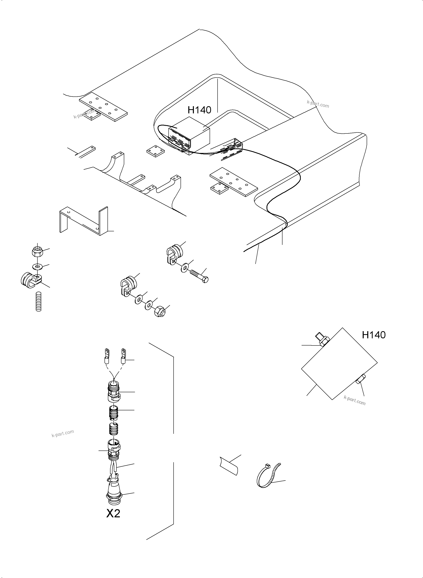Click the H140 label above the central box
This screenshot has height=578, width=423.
coord(199,110)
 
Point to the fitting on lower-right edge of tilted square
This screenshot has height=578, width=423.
coord(360,385)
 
